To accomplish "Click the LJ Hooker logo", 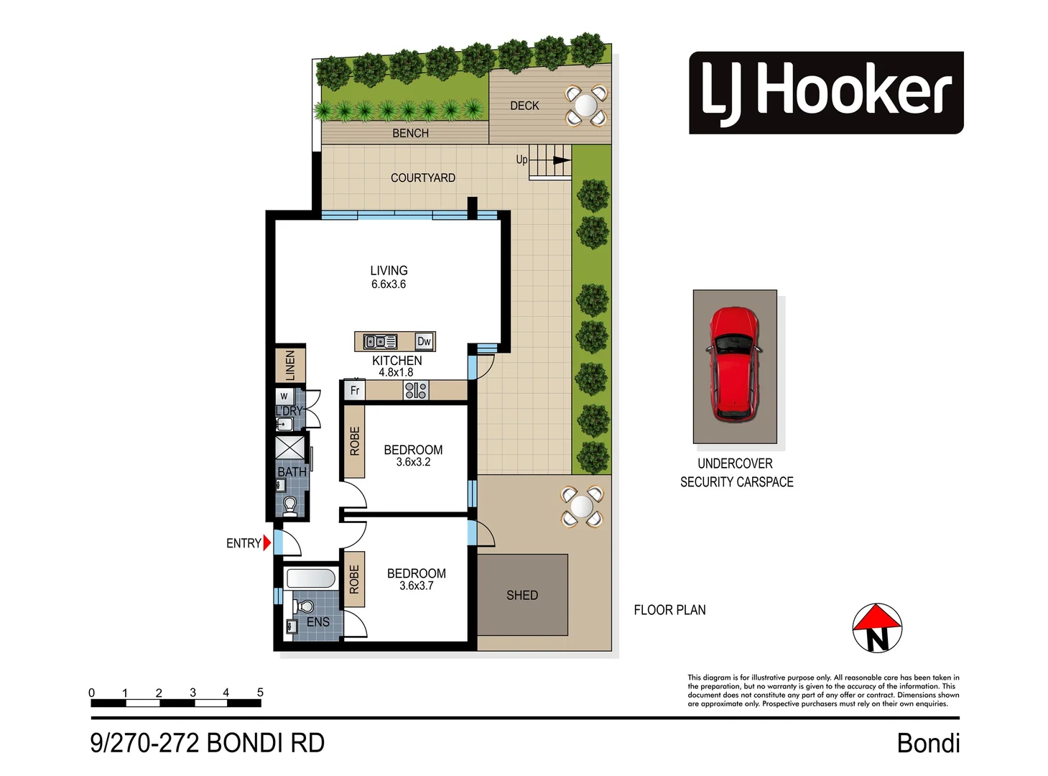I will tap(825, 93).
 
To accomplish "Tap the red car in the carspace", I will tap(733, 364).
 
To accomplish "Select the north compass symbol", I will tap(876, 628).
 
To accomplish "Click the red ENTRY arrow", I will tap(267, 543).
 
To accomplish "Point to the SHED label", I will tap(521, 596).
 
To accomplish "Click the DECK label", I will tap(524, 106).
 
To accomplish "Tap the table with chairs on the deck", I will tap(585, 106).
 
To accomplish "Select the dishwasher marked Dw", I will tap(425, 341).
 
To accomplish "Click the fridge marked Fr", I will tap(355, 390).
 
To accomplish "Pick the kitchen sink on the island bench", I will tap(380, 342).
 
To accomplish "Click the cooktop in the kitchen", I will tap(416, 390).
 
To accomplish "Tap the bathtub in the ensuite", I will tap(311, 578).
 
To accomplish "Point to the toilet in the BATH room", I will tap(290, 506).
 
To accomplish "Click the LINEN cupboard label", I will tap(290, 365).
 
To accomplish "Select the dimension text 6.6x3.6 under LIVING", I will tap(389, 285).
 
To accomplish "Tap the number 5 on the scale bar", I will tap(260, 693).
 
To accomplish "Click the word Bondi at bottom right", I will tap(928, 744).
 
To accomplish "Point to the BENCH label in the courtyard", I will tap(410, 134).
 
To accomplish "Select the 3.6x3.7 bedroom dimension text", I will tap(417, 586).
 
